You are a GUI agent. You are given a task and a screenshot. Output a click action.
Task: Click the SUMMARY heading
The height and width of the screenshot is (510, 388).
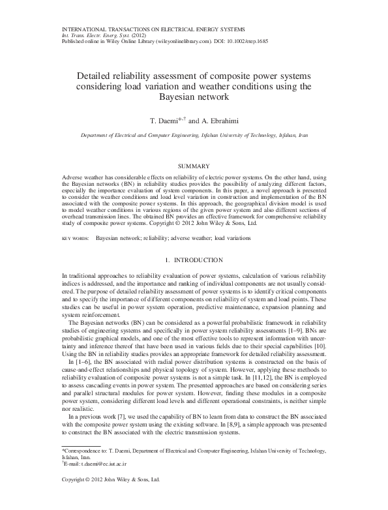coord(194,166)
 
